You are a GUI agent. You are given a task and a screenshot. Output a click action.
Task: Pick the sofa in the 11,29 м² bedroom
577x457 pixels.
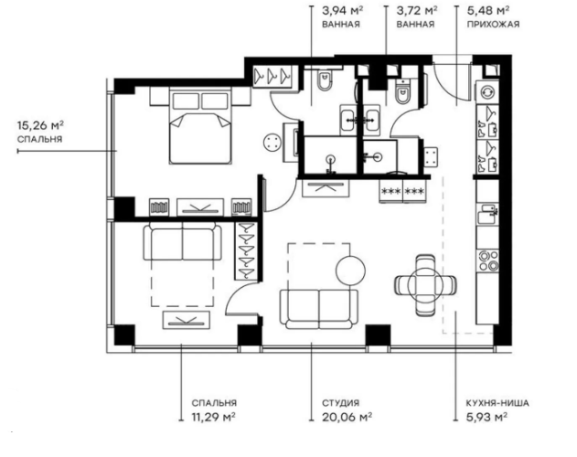[x=182, y=246]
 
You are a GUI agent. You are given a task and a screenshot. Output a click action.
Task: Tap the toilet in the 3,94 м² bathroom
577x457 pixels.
[x=322, y=88]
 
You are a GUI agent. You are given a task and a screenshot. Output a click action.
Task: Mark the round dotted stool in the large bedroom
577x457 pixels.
[x=272, y=142]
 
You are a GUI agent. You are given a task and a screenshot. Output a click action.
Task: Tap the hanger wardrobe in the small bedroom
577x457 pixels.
[x=246, y=250]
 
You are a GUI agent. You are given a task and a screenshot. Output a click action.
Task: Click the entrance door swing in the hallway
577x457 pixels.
[x=450, y=88]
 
